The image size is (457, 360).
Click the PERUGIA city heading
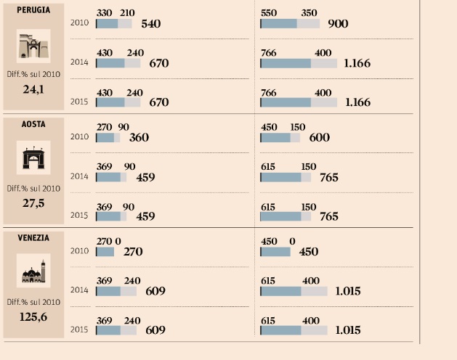coord(33,11)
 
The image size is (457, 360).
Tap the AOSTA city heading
coord(33,124)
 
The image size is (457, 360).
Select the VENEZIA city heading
coord(33,237)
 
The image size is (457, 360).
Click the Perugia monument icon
coord(33,46)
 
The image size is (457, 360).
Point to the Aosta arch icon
coord(33,159)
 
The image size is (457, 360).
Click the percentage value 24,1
coord(33,91)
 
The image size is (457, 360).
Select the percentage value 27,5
coord(33,203)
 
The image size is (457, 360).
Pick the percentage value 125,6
coord(33,316)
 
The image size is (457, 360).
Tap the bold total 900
coord(338,24)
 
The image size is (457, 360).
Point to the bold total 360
coord(139,137)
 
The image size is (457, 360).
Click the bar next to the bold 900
coord(290,24)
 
